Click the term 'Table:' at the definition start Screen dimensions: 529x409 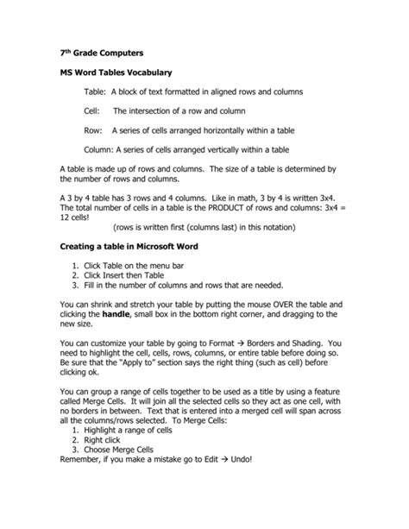tap(97, 91)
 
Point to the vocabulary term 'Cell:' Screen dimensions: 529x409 tap(93, 110)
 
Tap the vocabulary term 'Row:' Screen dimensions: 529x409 tap(94, 130)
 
